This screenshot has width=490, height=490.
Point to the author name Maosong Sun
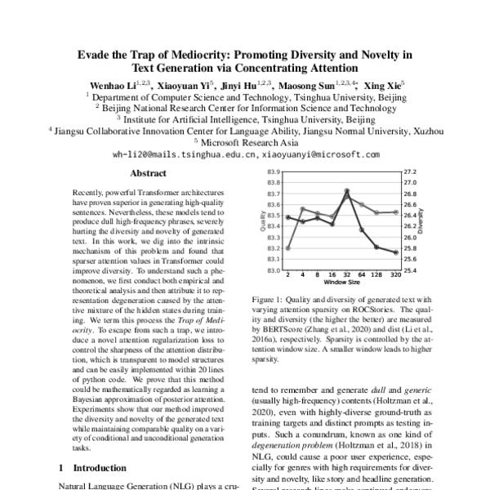[x=312, y=84]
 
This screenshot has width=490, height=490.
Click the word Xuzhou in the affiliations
[x=425, y=130]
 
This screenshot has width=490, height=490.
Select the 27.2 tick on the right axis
[x=410, y=173]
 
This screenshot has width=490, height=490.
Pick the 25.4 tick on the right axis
[x=410, y=269]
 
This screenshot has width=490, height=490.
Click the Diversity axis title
[x=421, y=220]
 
